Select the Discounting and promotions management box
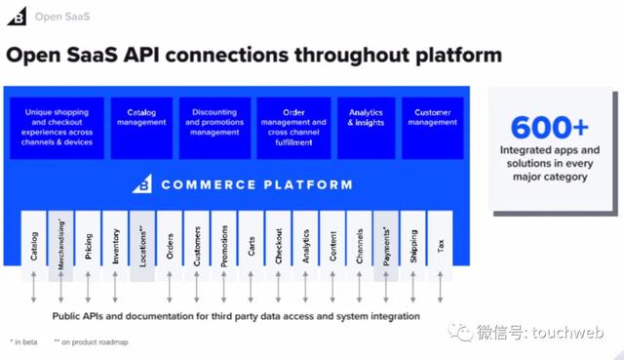(214, 122)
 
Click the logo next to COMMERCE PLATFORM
(142, 183)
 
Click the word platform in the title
(453, 56)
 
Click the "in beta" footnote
(25, 342)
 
